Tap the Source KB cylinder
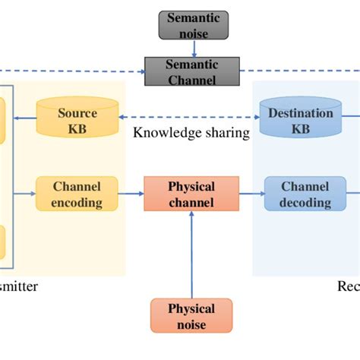pos(77,118)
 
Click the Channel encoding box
pos(77,194)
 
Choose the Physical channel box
pos(191,194)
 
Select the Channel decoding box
pos(305,194)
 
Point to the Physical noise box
pos(191,316)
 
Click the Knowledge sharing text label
pos(191,134)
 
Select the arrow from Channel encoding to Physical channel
pos(131,194)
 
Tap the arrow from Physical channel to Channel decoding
pos(251,194)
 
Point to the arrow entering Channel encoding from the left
pos(27,194)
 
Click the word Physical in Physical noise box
pos(191,308)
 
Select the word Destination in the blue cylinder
pos(301,113)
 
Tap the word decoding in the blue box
pos(305,202)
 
